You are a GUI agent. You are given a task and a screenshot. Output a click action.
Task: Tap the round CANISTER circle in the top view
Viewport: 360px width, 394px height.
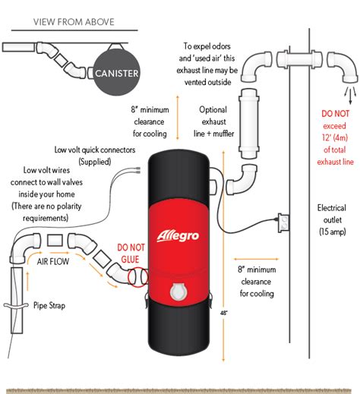coord(116,74)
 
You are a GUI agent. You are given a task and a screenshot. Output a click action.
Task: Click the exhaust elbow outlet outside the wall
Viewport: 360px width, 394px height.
coord(347,72)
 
